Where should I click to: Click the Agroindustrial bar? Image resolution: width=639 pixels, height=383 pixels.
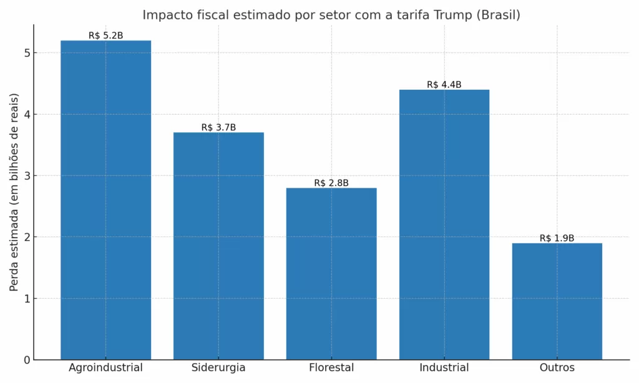(x=105, y=200)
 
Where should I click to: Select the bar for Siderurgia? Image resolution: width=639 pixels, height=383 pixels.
(x=218, y=246)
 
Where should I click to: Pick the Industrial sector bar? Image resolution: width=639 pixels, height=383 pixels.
(x=444, y=225)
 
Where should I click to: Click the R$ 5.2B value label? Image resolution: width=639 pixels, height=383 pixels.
(x=105, y=36)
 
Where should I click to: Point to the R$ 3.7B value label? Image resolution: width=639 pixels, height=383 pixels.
(x=218, y=127)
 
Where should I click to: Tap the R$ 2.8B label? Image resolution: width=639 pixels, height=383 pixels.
(x=331, y=183)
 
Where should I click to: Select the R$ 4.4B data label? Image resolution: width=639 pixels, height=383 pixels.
(x=444, y=84)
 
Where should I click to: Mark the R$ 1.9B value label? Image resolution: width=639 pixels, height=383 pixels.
(x=557, y=238)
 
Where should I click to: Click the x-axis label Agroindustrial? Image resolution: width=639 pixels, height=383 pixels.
(x=105, y=368)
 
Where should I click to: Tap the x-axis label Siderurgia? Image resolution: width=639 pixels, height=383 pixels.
(x=218, y=368)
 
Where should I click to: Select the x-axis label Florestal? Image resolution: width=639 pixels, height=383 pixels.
(x=331, y=368)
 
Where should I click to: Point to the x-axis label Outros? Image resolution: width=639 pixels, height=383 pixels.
(x=557, y=368)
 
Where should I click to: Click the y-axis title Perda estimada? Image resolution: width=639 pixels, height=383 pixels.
(x=14, y=192)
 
